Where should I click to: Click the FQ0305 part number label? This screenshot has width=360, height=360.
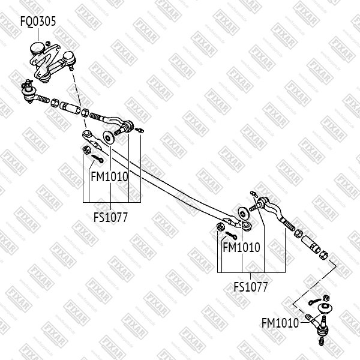point(38,21)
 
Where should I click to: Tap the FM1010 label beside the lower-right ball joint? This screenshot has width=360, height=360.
point(280,323)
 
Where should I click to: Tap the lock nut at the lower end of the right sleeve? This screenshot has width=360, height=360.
point(323,257)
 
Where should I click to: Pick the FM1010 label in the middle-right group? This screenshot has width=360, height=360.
point(241,247)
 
